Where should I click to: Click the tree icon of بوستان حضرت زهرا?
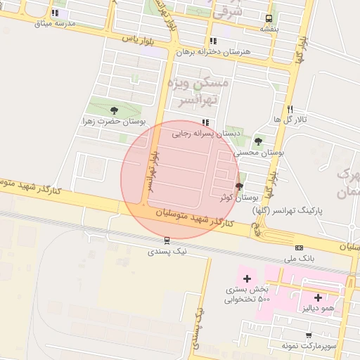click(x=114, y=110)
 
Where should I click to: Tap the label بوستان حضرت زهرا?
click(x=114, y=121)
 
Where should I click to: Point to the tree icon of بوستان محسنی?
click(x=259, y=141)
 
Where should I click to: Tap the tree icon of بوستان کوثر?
click(x=239, y=187)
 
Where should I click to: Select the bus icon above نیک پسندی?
click(x=167, y=240)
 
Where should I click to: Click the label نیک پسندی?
click(x=167, y=251)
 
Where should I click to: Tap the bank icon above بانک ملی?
click(x=300, y=247)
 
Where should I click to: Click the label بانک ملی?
click(x=300, y=259)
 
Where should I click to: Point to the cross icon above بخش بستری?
click(x=247, y=279)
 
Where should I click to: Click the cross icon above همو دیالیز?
click(x=318, y=297)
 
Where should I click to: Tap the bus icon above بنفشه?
click(x=269, y=18)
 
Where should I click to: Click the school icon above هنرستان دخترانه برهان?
click(x=213, y=41)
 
